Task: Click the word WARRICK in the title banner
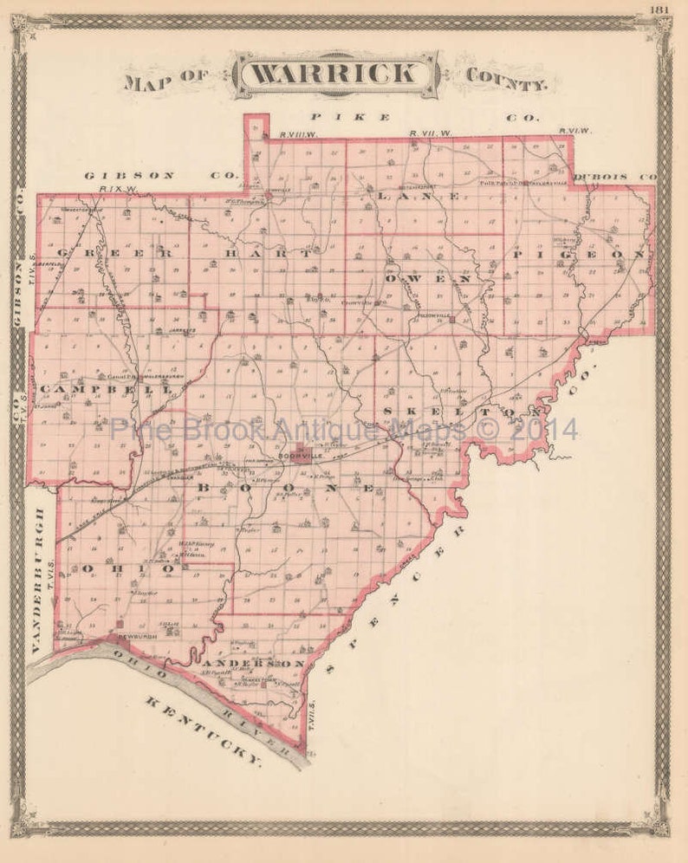[338, 74]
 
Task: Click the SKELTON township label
[463, 409]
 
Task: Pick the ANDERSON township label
[258, 663]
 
